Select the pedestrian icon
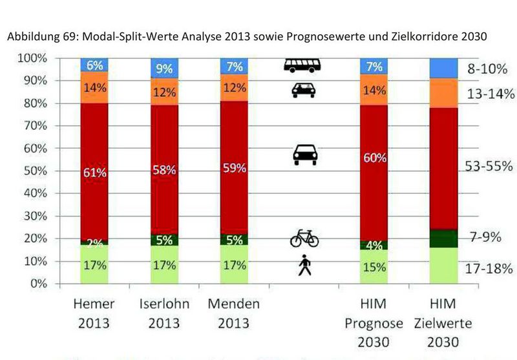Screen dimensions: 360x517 coord(304,265)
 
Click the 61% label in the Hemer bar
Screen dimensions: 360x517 coord(94,173)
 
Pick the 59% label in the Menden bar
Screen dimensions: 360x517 coord(234,168)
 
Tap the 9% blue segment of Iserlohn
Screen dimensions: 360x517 coord(164,69)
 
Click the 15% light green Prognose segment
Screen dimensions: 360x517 coord(374,267)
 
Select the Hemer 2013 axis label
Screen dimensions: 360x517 coord(94,313)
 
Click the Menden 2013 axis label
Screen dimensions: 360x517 coord(234,313)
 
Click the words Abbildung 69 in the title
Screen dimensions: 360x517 coord(39,37)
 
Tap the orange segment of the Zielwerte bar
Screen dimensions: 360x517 coord(443,93)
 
